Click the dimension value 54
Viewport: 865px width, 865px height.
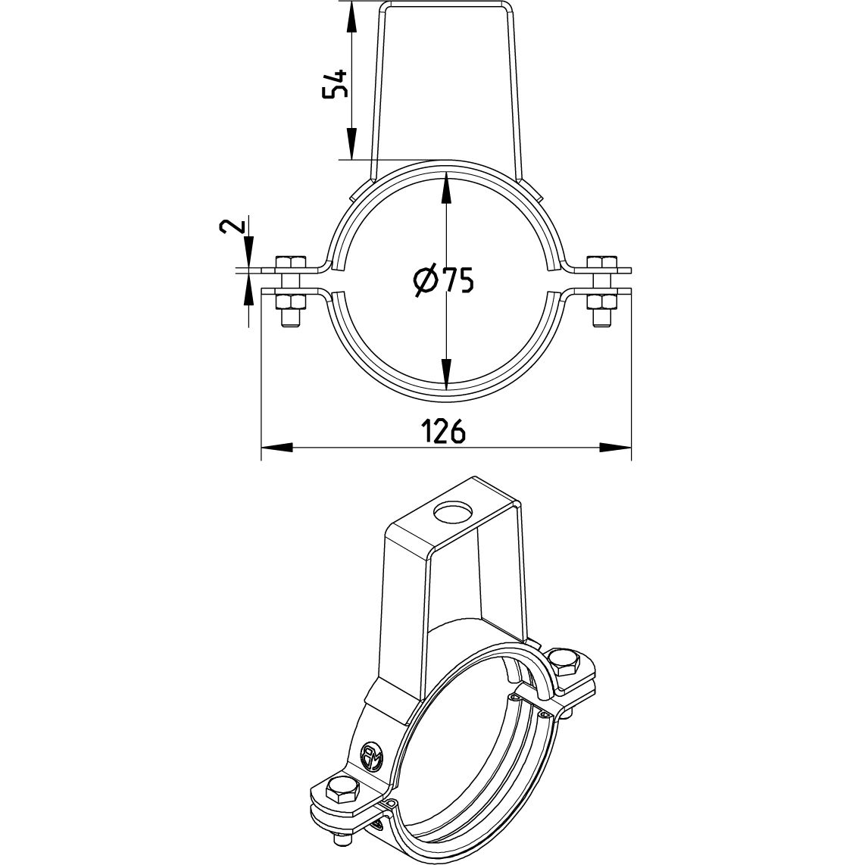335,83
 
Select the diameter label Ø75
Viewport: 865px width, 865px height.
445,281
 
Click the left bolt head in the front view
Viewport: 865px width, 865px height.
288,263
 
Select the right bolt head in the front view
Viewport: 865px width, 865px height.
604,263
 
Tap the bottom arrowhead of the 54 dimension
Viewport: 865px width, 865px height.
351,145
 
